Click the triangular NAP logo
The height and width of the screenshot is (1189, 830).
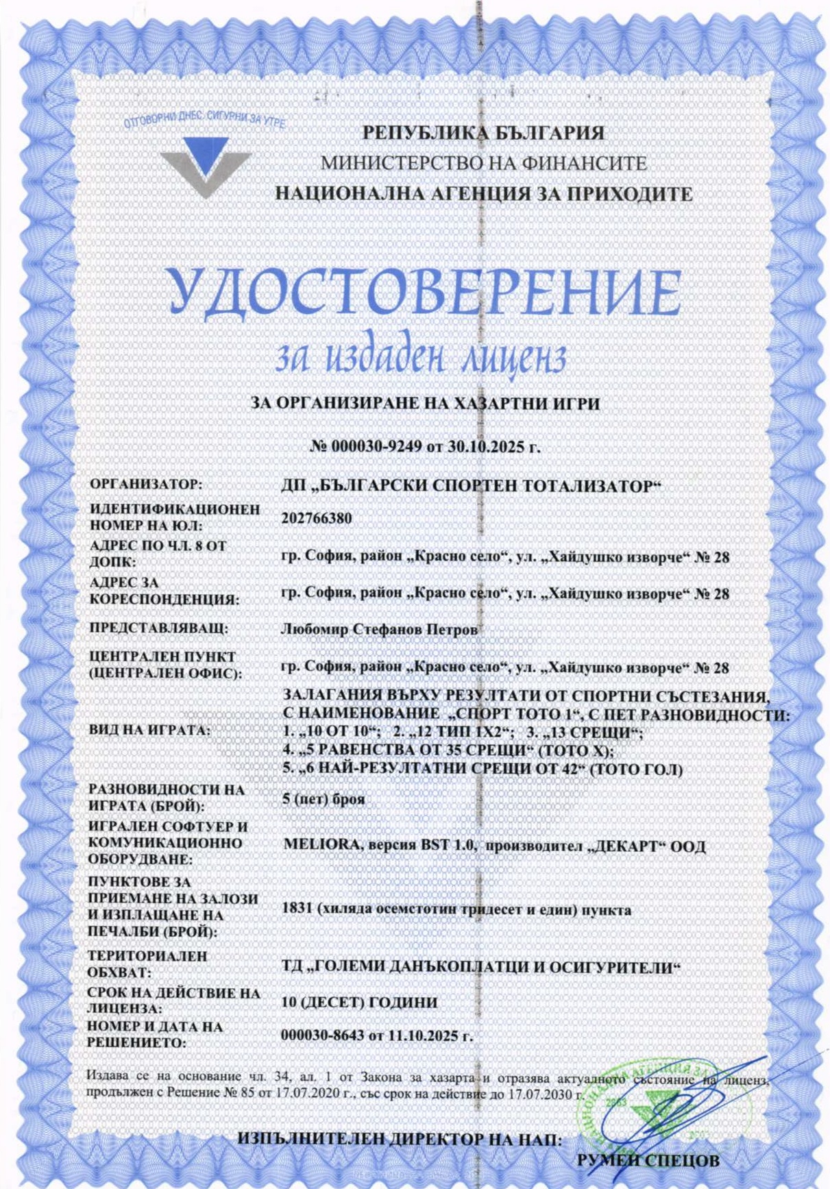coord(205,165)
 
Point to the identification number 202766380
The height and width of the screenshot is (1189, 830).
coord(317,518)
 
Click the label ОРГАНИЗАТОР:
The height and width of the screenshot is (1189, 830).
coord(146,485)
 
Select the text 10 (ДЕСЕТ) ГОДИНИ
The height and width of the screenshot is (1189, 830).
coord(359,1002)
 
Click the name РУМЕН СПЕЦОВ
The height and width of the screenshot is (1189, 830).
coord(648,1160)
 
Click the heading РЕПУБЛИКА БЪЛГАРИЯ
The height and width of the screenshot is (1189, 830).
coord(483,132)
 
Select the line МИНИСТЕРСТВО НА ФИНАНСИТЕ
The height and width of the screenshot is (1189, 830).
coord(483,163)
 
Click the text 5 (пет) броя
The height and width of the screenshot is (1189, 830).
coord(324,799)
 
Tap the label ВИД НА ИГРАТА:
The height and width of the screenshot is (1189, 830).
coord(149,731)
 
